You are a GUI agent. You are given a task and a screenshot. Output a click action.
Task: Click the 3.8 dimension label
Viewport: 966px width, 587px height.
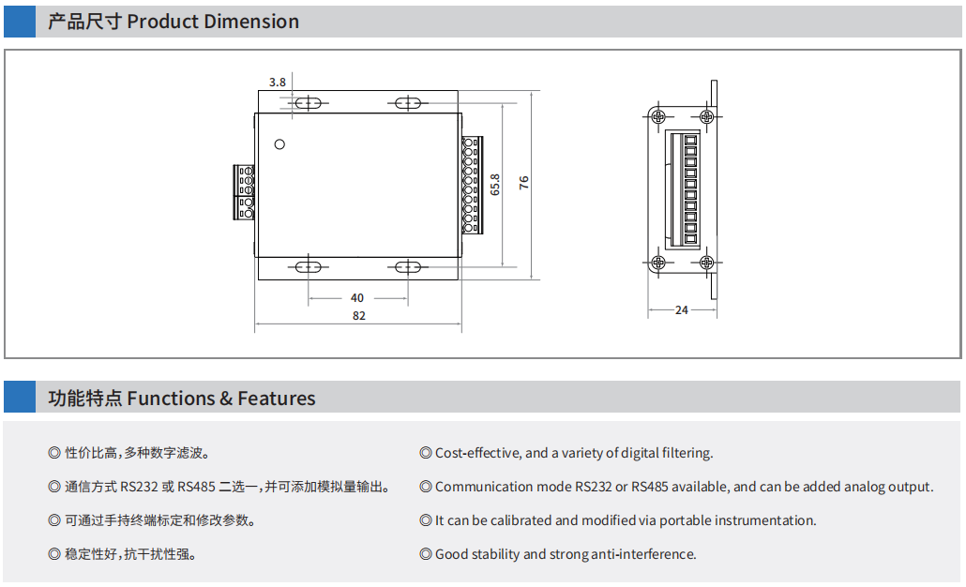click(277, 83)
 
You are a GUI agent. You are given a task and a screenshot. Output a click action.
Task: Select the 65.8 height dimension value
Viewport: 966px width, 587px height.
click(495, 184)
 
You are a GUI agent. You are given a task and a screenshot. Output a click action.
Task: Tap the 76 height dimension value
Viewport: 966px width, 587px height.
click(524, 183)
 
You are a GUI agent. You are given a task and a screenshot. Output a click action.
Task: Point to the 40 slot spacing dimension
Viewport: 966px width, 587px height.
click(357, 298)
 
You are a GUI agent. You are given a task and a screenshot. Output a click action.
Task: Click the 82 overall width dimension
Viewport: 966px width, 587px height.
click(359, 316)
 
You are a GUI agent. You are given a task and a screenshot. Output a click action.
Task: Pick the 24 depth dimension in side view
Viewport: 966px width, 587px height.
click(682, 309)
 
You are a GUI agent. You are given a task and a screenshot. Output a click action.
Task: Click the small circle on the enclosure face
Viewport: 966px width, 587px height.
click(279, 143)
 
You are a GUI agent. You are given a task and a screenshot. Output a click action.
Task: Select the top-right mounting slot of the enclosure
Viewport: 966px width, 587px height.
click(408, 103)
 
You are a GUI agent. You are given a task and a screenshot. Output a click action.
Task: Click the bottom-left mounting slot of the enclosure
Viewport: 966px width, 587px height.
click(308, 267)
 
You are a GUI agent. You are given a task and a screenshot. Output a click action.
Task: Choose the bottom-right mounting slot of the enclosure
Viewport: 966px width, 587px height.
click(408, 267)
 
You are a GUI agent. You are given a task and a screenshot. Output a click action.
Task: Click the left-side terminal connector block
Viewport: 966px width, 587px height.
click(245, 191)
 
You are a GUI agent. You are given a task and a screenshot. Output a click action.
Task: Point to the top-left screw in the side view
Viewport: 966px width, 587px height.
click(658, 116)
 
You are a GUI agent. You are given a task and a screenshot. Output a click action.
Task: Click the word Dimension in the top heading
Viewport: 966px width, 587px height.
click(254, 22)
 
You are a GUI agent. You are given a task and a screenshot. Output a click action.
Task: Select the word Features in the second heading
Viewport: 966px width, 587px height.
click(277, 399)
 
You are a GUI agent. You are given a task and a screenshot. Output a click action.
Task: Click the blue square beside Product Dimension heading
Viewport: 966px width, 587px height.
click(20, 22)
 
